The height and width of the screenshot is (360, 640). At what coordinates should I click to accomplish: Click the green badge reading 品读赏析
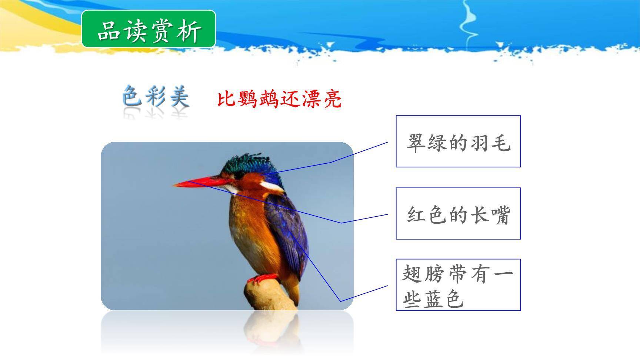pyautogui.click(x=149, y=29)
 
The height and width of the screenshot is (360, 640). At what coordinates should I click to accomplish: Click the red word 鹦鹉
pyautogui.click(x=258, y=99)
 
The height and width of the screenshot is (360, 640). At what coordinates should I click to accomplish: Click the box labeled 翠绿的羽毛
pyautogui.click(x=458, y=141)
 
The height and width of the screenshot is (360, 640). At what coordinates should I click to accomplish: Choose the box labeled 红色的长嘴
pyautogui.click(x=458, y=214)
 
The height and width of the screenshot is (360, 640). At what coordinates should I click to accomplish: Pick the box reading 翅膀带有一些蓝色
pyautogui.click(x=458, y=285)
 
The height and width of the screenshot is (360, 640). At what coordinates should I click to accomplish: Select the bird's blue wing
pyautogui.click(x=289, y=233)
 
